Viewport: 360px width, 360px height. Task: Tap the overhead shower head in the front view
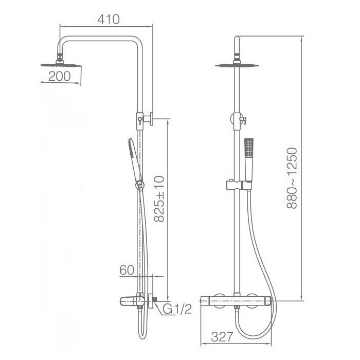237,65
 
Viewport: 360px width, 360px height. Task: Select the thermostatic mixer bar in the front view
238,299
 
